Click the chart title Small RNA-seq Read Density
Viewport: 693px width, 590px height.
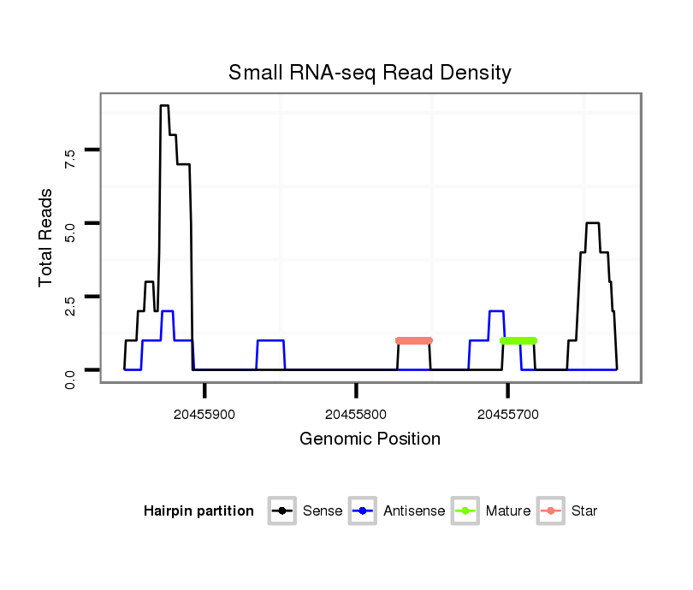click(x=370, y=73)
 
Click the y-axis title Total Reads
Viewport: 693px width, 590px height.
click(x=47, y=238)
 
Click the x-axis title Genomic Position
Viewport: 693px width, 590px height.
click(x=370, y=440)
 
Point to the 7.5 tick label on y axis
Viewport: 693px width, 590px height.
click(x=70, y=156)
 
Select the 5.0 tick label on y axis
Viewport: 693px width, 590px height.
click(x=70, y=230)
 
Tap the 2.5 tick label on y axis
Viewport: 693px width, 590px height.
click(x=70, y=304)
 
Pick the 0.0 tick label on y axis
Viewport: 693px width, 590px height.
click(x=70, y=377)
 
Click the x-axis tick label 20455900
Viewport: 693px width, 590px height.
click(x=204, y=415)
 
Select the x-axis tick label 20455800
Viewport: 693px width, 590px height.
click(x=356, y=415)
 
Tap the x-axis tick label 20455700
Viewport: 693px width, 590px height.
click(x=508, y=415)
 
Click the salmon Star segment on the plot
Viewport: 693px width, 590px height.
click(x=414, y=340)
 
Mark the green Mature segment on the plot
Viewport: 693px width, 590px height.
click(x=518, y=340)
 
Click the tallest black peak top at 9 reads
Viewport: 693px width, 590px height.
click(x=164, y=106)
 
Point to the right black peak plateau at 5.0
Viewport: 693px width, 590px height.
click(x=592, y=223)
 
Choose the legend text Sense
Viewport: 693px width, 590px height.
click(x=323, y=511)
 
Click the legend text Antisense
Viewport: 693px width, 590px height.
click(x=414, y=511)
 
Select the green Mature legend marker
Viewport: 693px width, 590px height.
click(x=465, y=511)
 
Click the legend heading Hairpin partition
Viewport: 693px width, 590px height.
click(x=198, y=511)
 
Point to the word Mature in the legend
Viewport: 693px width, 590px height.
click(x=508, y=511)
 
